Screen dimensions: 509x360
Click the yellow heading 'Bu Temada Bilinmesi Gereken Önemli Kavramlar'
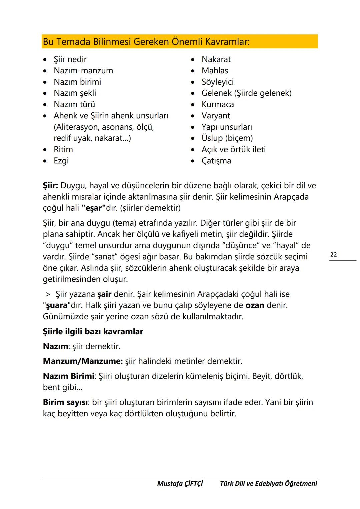pos(146,42)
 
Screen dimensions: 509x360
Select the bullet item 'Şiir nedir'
pos(70,59)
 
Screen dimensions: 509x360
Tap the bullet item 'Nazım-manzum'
pos(83,71)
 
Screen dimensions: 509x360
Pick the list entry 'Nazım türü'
pos(74,104)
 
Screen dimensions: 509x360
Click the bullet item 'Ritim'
pos(63,149)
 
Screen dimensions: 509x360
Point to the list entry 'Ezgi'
pos(61,161)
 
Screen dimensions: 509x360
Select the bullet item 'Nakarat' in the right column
pos(216,59)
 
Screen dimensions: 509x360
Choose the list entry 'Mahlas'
pos(215,71)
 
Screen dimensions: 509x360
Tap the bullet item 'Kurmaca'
pos(218,104)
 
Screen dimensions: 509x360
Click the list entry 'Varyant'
pos(216,116)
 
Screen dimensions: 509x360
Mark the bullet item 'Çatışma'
pos(216,161)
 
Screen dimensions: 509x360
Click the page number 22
pos(333,255)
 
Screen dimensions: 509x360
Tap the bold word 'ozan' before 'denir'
pos(255,305)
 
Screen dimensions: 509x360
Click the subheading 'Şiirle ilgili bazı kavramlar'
pos(93,332)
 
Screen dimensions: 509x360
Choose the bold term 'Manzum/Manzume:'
pos(83,361)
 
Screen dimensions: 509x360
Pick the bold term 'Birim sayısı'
pos(65,402)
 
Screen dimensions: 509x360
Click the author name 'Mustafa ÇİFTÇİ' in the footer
pos(180,483)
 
